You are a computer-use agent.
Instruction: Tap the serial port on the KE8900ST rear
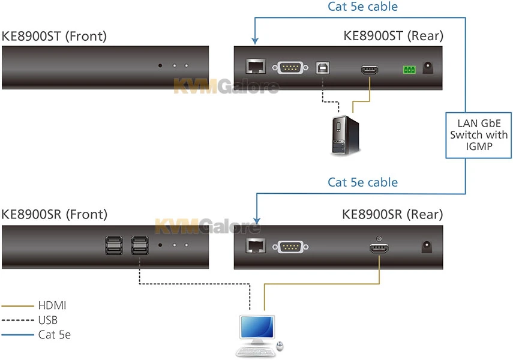pyautogui.click(x=290, y=68)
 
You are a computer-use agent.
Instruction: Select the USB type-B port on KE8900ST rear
pyautogui.click(x=323, y=68)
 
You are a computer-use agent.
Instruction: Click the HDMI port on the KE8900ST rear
pyautogui.click(x=369, y=70)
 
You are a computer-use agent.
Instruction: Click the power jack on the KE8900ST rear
pyautogui.click(x=428, y=68)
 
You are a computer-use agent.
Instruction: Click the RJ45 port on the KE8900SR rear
pyautogui.click(x=254, y=245)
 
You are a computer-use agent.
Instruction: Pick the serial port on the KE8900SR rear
pyautogui.click(x=290, y=245)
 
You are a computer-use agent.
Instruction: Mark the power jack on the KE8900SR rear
pyautogui.click(x=428, y=245)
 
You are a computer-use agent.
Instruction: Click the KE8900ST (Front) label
pyautogui.click(x=54, y=36)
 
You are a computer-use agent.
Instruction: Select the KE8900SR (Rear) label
pyautogui.click(x=392, y=214)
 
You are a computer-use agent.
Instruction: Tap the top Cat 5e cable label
pyautogui.click(x=363, y=7)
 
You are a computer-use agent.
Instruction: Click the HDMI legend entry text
pyautogui.click(x=52, y=306)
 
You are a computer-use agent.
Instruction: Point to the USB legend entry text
pyautogui.click(x=48, y=320)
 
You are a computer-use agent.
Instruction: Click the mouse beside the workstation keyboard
pyautogui.click(x=280, y=346)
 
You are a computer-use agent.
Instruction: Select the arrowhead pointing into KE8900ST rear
pyautogui.click(x=255, y=41)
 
